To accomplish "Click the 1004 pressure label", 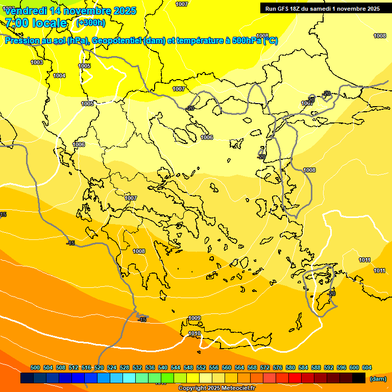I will (59, 76).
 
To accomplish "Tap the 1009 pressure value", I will (194, 318).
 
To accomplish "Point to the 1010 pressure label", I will (194, 334).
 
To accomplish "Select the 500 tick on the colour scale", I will (35, 367).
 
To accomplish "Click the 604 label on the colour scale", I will (367, 367).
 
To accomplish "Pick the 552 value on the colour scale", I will (201, 367).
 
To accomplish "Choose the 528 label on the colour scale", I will (125, 367).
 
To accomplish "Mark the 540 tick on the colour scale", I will (163, 367).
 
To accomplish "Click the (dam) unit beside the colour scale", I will (378, 379).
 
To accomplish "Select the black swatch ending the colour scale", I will (359, 378).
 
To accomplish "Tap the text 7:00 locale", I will (36, 23).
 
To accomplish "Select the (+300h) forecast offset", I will (91, 22).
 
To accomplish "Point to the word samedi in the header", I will (324, 9).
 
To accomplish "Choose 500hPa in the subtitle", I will (247, 41).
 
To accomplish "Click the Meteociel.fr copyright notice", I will (217, 388).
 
